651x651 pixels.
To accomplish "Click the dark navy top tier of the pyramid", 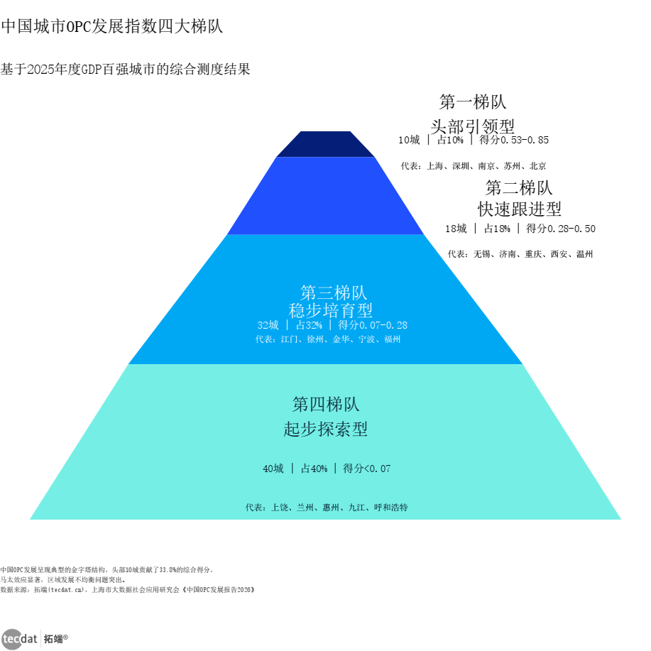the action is (325, 145).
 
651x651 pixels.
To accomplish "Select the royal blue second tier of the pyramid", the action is (325, 196).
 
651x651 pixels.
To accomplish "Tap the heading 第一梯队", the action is (473, 102).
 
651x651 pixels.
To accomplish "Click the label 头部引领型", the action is (473, 126).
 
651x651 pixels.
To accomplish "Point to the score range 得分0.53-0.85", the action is (514, 140).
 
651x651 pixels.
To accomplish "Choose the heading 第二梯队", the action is (519, 187).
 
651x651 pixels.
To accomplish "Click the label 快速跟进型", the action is (519, 209).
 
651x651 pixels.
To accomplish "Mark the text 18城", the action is (456, 229).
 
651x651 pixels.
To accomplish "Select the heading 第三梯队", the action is (334, 292).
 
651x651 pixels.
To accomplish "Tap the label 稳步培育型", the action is (331, 310).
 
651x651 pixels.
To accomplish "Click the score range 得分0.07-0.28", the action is (373, 324).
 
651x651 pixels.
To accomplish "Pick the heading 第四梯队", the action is (325, 404).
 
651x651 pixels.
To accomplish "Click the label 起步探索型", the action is (325, 429).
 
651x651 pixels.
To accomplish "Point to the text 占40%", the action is (314, 469).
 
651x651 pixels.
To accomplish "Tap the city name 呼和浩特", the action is (390, 508).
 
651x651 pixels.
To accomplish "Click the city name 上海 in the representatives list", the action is (435, 166).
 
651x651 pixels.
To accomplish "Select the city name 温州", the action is (584, 254).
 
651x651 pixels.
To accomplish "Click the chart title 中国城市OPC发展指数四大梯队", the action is (111, 26).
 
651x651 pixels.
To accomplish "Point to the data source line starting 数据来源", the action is (128, 589).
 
